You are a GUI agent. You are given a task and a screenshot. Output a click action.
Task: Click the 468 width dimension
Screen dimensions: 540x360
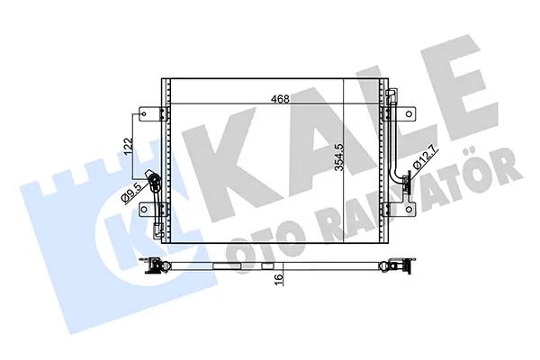pyautogui.click(x=280, y=99)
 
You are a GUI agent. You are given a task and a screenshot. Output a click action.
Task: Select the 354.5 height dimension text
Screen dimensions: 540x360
pyautogui.click(x=340, y=157)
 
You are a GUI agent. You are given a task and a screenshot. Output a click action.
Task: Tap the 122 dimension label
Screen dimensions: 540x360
pyautogui.click(x=129, y=147)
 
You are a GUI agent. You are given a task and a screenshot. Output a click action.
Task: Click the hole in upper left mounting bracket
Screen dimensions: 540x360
pyautogui.click(x=144, y=114)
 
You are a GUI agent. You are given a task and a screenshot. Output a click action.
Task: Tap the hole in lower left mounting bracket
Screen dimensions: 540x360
pyautogui.click(x=144, y=209)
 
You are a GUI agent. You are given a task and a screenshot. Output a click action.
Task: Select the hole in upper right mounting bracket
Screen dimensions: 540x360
pyautogui.click(x=409, y=114)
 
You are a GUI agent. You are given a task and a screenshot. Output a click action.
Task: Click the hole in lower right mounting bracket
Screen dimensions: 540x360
pyautogui.click(x=408, y=209)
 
